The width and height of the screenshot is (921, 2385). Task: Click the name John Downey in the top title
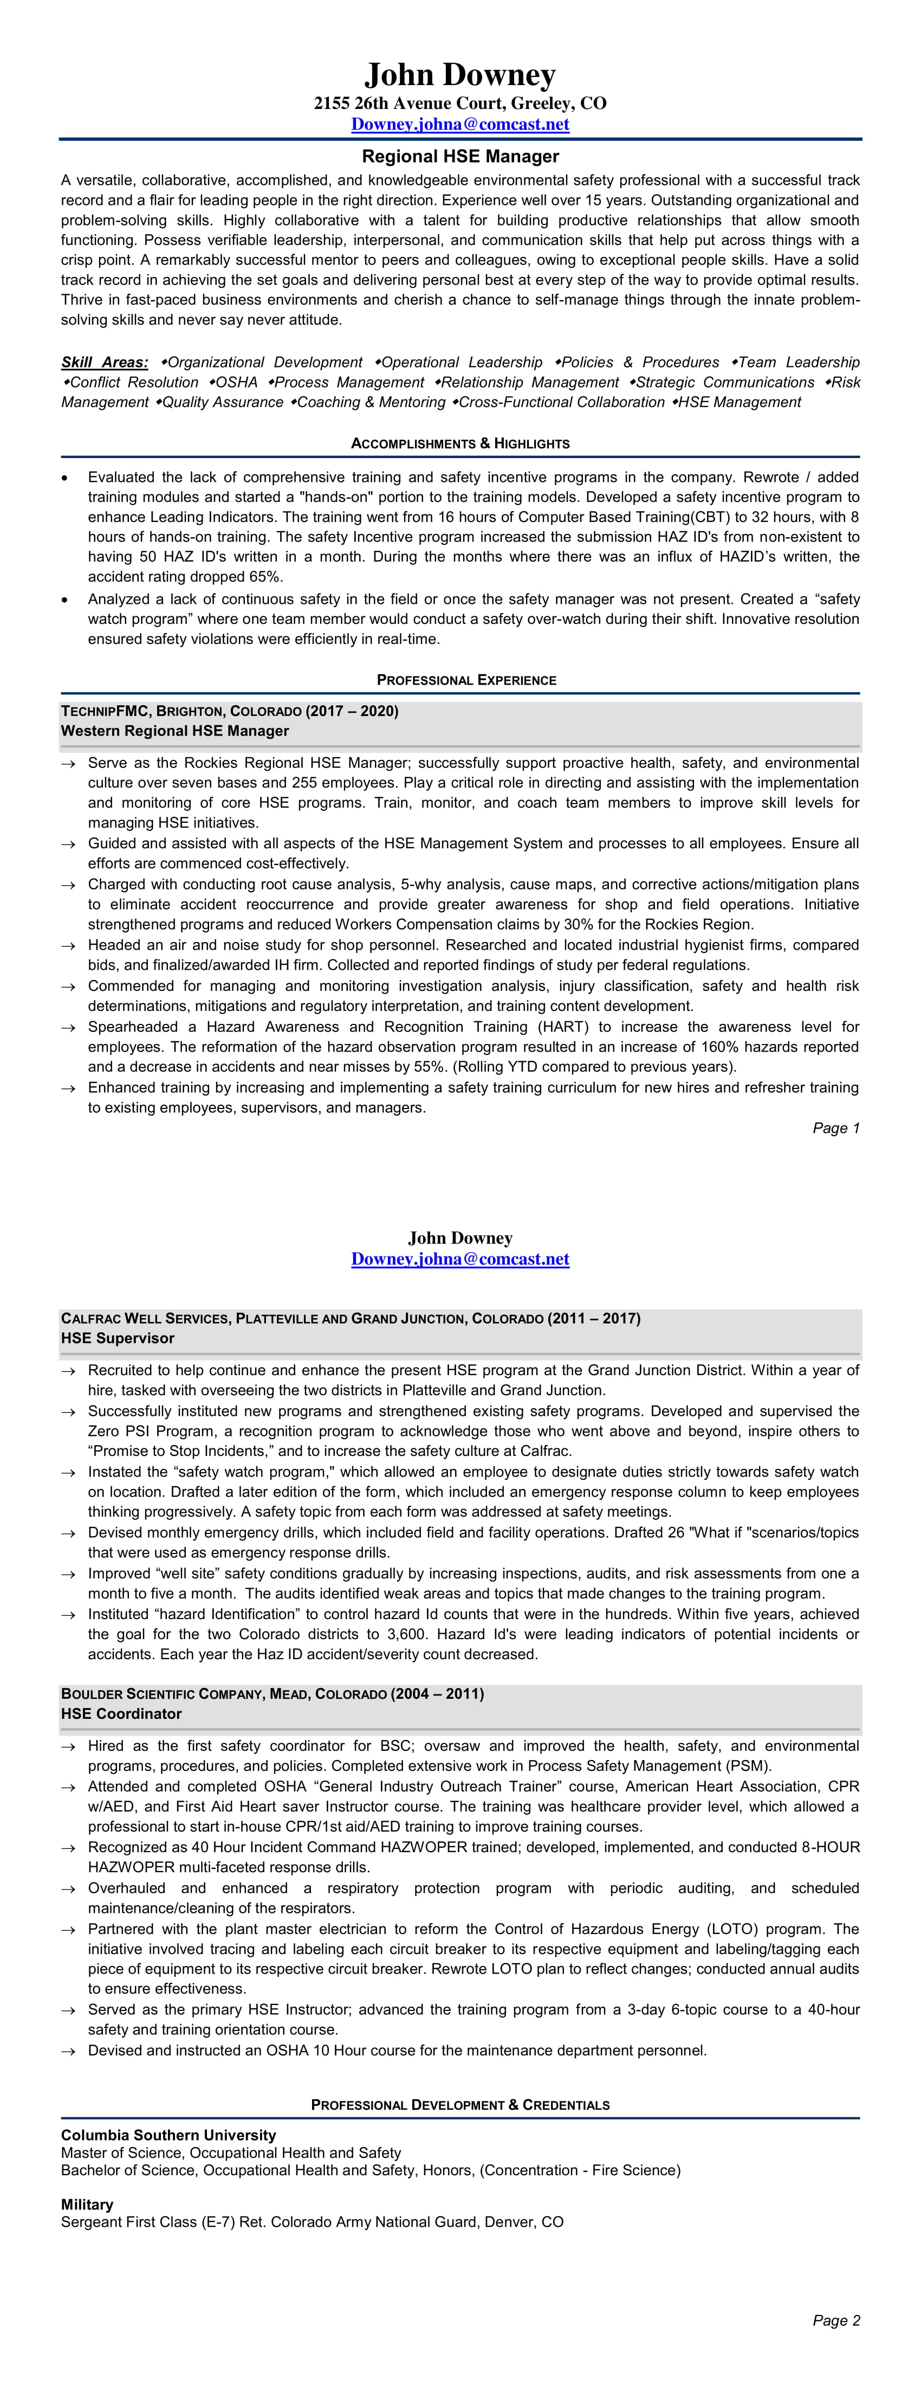point(460,75)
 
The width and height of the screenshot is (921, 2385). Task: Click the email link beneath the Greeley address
point(460,124)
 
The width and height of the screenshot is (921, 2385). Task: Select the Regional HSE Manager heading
point(460,157)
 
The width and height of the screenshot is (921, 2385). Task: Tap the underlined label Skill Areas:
point(105,362)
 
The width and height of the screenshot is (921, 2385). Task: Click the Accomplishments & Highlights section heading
point(460,443)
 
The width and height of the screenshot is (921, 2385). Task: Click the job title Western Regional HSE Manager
point(175,731)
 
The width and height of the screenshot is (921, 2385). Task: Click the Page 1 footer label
point(836,1127)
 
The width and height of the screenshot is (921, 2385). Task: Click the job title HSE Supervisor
point(118,1338)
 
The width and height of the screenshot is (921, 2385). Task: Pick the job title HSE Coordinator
point(121,1714)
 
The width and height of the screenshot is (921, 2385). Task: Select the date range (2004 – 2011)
point(438,1693)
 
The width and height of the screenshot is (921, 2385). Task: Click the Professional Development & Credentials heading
point(460,2104)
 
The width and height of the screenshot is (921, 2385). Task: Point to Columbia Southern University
point(168,2135)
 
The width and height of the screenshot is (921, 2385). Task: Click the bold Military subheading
point(87,2204)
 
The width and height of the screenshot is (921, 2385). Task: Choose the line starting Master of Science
point(231,2152)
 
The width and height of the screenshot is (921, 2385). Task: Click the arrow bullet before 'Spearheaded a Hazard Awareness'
point(68,1028)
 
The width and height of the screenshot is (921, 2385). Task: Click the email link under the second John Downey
point(460,1259)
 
